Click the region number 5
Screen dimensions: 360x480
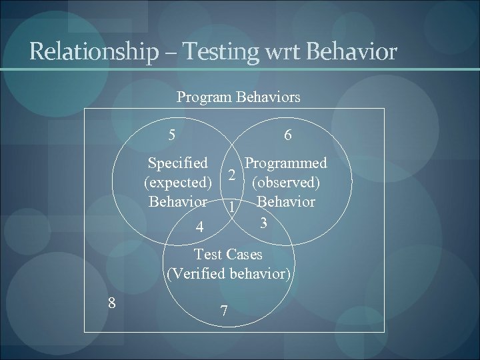(172, 135)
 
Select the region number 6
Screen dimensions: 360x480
(287, 135)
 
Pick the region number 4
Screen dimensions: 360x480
(199, 228)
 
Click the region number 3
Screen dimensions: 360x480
(264, 223)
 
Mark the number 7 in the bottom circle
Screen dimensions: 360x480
(224, 311)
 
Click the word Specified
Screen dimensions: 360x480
(178, 163)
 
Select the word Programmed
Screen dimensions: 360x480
(286, 163)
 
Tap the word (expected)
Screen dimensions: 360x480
(177, 183)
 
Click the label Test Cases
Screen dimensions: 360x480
(228, 254)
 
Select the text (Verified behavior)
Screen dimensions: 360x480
(228, 273)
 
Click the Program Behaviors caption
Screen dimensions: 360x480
(238, 97)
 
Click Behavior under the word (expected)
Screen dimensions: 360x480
(178, 201)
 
